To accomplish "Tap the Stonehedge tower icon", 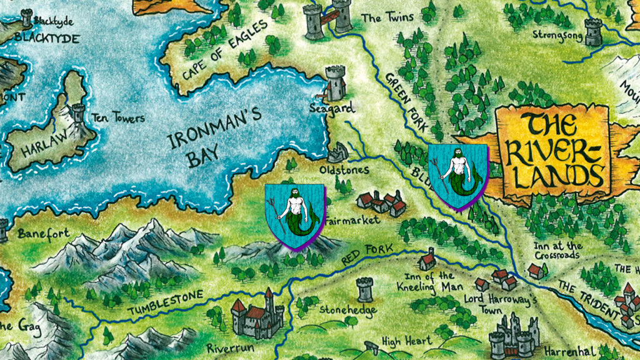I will [364, 289].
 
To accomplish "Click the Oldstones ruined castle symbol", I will [338, 152].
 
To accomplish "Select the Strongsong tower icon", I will [593, 31].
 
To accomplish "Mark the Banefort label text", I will [43, 234].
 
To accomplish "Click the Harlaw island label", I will [42, 146].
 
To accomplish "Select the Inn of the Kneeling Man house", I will [427, 258].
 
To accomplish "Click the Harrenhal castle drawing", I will [516, 334].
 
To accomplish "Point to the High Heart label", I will [406, 341].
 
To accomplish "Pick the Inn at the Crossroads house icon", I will [536, 270].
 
